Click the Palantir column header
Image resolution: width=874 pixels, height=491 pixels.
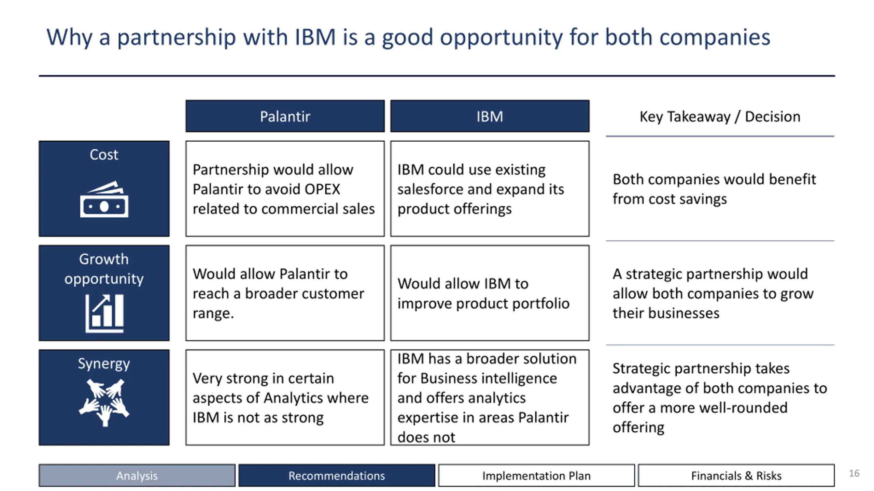tap(285, 116)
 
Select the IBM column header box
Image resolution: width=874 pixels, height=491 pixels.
tap(490, 116)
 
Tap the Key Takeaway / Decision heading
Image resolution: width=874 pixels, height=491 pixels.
tap(720, 117)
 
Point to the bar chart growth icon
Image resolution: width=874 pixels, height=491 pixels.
tap(104, 313)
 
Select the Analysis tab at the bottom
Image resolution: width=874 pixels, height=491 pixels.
tap(137, 475)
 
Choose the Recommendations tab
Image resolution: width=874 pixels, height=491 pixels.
tap(337, 475)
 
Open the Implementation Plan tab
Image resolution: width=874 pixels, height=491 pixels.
tap(536, 475)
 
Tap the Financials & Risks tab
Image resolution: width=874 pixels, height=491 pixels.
tap(736, 475)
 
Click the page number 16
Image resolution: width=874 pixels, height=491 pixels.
tap(854, 473)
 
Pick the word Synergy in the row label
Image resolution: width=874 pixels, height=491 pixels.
tap(104, 364)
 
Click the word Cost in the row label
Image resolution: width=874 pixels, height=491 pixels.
tap(104, 155)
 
